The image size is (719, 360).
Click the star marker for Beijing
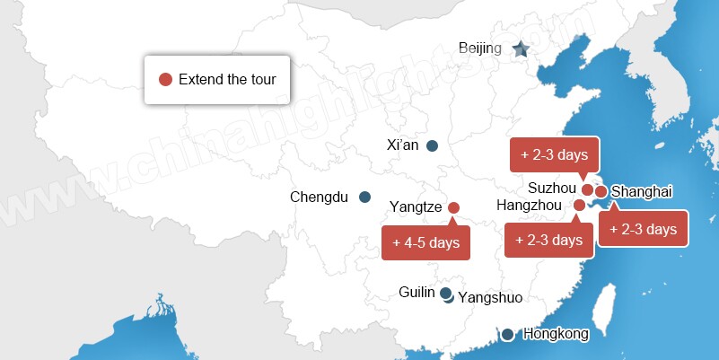(x=521, y=49)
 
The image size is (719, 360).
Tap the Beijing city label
(x=479, y=48)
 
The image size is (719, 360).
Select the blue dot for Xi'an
(x=432, y=145)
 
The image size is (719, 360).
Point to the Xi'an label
(x=402, y=145)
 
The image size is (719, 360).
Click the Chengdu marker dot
(x=364, y=198)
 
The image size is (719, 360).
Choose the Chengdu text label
(x=319, y=198)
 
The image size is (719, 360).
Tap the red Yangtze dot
(x=453, y=207)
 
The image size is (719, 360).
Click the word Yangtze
(x=416, y=207)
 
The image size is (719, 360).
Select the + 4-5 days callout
(x=426, y=242)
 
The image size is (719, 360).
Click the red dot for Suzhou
(x=588, y=189)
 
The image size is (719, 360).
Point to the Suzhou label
(x=550, y=189)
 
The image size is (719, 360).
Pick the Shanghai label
(x=641, y=191)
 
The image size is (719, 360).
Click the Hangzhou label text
(x=534, y=206)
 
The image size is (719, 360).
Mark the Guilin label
(x=416, y=293)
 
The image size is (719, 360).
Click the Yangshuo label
(x=490, y=298)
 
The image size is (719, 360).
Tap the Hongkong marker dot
(x=508, y=335)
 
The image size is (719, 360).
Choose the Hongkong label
(x=556, y=334)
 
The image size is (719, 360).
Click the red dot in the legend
(x=165, y=79)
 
